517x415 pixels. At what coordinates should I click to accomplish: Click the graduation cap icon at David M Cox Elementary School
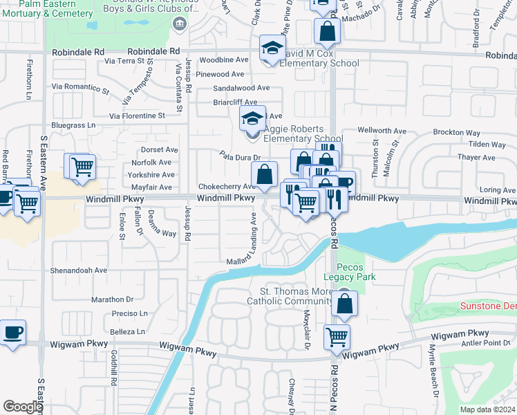coord(273,48)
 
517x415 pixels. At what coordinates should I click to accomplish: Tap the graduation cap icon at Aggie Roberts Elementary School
coord(252,118)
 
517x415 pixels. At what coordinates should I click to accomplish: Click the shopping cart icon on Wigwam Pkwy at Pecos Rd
coord(337,336)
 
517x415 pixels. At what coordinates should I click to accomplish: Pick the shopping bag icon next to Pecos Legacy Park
coord(344,302)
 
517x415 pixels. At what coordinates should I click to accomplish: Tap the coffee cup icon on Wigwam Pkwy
coord(13,331)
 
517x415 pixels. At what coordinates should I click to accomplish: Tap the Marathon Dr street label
coord(111,299)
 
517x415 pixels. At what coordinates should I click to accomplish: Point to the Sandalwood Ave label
coord(241,88)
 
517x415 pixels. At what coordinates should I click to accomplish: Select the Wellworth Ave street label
coord(382,131)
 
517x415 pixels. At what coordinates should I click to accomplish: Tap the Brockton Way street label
coord(456,132)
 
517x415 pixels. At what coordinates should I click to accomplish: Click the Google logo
coord(23,407)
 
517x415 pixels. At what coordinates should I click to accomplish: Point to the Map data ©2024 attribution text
coord(487,409)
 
